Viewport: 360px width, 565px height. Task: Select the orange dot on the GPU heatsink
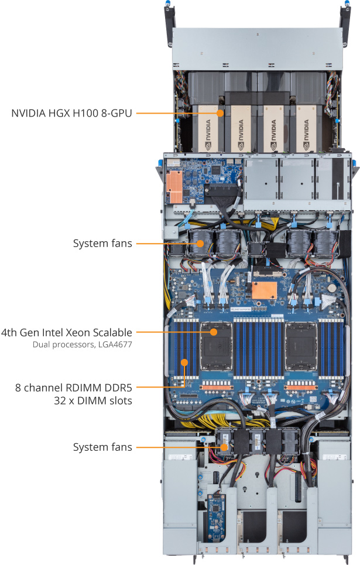[220, 112]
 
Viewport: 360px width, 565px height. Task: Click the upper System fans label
[102, 242]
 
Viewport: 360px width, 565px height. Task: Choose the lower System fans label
[102, 447]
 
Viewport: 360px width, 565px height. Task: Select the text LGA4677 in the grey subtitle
[115, 345]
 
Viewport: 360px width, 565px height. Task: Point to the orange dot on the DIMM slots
[184, 362]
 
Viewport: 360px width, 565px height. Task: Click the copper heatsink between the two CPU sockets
[263, 291]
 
